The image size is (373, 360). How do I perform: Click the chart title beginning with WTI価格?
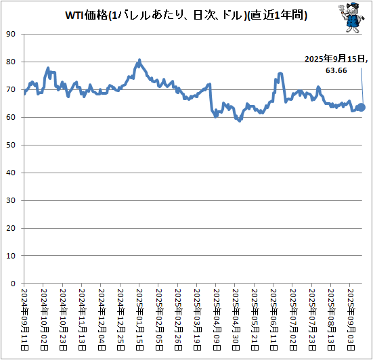coord(186,15)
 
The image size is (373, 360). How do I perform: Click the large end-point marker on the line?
coord(361,107)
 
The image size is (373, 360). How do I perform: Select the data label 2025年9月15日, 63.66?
coord(336,64)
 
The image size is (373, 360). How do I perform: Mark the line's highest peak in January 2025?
coord(139,60)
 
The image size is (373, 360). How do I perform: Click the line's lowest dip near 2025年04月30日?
coord(239,120)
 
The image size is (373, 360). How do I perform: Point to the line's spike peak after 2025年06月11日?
coord(280,73)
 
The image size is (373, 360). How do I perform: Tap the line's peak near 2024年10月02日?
coord(47,68)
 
